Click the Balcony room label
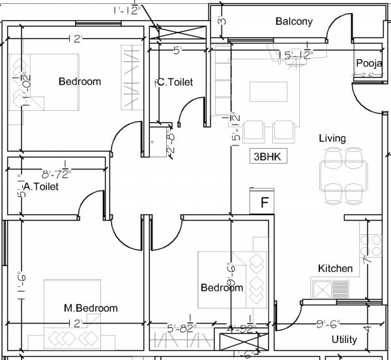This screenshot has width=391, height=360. point(294,22)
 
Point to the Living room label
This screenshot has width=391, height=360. point(332,138)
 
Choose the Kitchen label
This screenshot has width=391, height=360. point(335,268)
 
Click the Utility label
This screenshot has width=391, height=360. point(344,339)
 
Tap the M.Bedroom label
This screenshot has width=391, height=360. point(91,308)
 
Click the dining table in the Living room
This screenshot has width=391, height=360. point(342,175)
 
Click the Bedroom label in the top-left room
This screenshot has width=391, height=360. point(80,82)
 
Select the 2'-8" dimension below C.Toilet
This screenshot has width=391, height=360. point(171,143)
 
